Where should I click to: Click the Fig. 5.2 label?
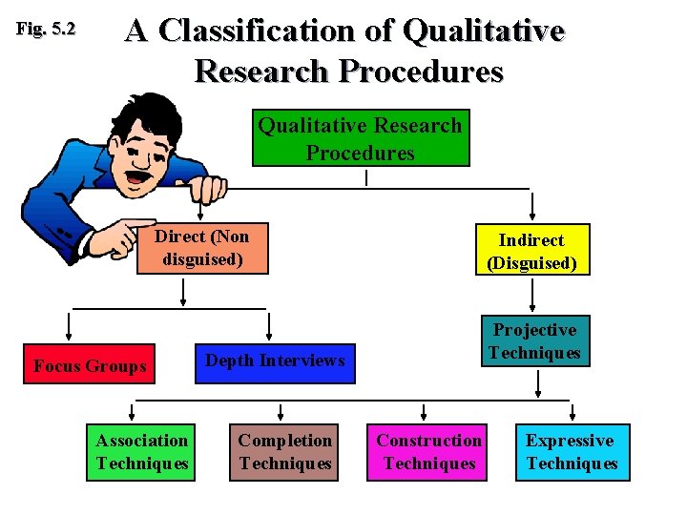point(46,30)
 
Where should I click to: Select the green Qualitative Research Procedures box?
point(361,138)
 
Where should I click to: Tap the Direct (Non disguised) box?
point(201,248)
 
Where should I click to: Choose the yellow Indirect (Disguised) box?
point(532,252)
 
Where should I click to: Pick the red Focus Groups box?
point(90,366)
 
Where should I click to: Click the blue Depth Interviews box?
point(275,361)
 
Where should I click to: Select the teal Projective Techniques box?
point(534,341)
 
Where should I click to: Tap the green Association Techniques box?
point(142,452)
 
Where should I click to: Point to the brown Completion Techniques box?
point(284,452)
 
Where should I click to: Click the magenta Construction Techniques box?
point(428,452)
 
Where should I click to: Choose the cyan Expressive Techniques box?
point(572,452)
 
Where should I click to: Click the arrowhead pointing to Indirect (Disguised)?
point(532,216)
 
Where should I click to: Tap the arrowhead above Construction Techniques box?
point(425,416)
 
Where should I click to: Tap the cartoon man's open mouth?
point(141,175)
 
